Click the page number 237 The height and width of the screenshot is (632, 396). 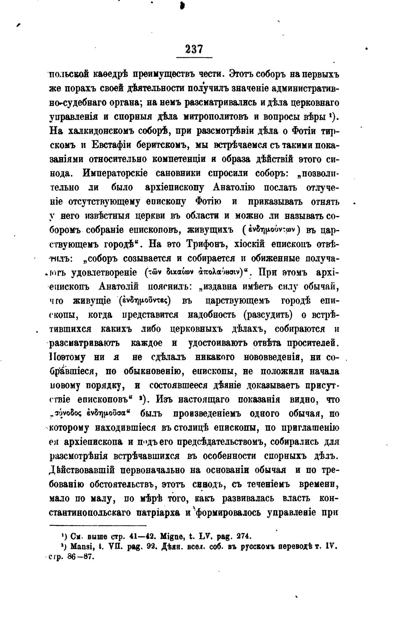pyautogui.click(x=194, y=49)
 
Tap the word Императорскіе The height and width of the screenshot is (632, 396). pyautogui.click(x=119, y=173)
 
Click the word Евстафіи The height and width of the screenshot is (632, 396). pyautogui.click(x=114, y=145)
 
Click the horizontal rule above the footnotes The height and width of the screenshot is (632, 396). pyautogui.click(x=98, y=526)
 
